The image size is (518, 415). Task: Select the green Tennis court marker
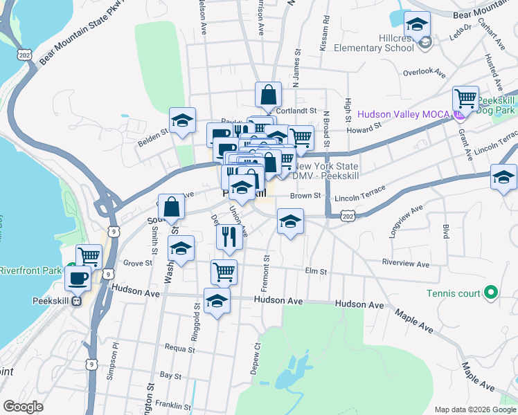491,293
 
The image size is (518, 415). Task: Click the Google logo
23,407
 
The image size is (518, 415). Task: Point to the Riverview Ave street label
406,264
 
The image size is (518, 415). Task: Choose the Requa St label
179,349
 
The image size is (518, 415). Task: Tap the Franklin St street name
172,405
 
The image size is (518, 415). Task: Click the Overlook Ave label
424,71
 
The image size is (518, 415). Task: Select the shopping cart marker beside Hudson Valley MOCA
465,99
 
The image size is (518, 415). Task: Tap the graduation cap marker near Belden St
181,121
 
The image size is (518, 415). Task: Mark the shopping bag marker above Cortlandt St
268,95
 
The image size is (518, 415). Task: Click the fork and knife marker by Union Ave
229,237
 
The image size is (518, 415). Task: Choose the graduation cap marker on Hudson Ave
217,301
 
